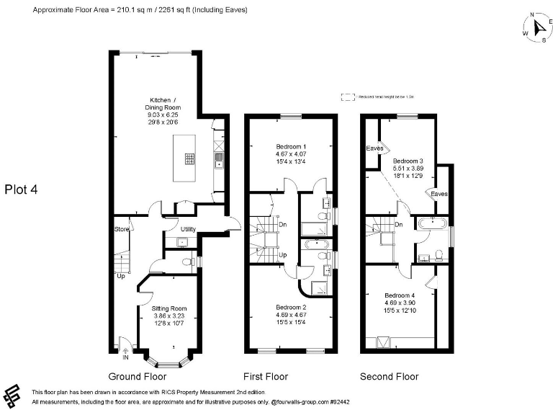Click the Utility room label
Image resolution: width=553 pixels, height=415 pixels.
click(x=188, y=229)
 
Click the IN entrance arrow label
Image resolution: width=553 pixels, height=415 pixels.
click(x=126, y=357)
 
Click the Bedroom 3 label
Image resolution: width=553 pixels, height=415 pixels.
click(x=408, y=161)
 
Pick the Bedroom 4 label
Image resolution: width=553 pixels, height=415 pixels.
click(x=400, y=295)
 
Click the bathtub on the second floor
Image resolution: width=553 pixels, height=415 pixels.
click(x=432, y=225)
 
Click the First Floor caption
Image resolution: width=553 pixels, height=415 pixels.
click(x=266, y=376)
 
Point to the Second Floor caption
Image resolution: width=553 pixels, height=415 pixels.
click(x=390, y=376)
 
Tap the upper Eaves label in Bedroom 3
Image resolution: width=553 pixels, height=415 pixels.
click(x=374, y=148)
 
